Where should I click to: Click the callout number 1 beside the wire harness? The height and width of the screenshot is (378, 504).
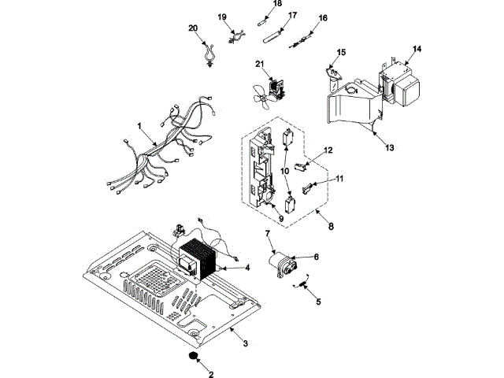[139, 126]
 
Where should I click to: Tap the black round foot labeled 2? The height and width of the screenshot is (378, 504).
[191, 358]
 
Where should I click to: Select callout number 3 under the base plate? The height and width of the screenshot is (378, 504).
[245, 343]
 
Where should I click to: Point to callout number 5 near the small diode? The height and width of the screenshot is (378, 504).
[318, 302]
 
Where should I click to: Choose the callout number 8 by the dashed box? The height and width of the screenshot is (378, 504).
[331, 227]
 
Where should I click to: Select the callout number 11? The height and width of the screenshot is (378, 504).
[339, 180]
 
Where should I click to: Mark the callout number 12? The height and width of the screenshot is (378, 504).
[328, 150]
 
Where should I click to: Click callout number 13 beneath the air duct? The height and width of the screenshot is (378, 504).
[390, 146]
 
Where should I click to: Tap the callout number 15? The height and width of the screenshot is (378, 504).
[341, 52]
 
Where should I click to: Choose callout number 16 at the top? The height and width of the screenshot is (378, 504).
[323, 17]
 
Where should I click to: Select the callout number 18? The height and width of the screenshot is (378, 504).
[276, 4]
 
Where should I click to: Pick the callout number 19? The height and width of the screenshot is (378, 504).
[221, 17]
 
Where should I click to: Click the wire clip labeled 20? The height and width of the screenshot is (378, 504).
[208, 56]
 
